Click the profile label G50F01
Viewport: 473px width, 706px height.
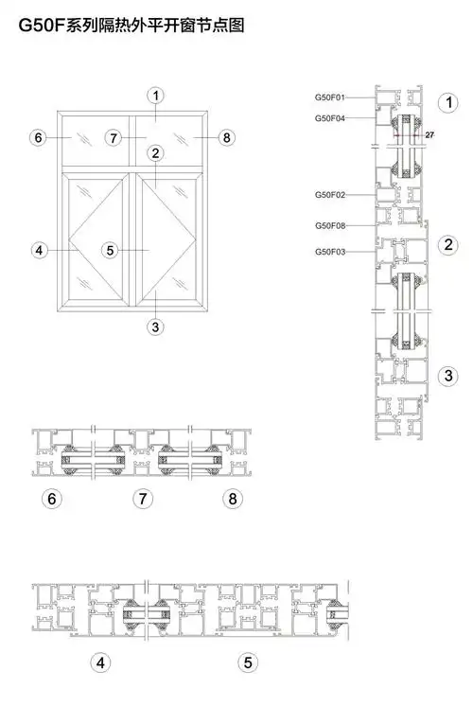[x=330, y=97]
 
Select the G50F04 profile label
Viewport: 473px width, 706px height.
[x=330, y=118]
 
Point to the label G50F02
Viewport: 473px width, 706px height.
[x=330, y=195]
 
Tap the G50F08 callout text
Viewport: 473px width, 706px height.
[x=330, y=225]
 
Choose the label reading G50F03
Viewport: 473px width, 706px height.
[x=330, y=252]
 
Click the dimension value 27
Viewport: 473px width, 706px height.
[x=429, y=134]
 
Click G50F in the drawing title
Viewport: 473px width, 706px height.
[x=42, y=26]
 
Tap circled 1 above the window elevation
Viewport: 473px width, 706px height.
[x=156, y=96]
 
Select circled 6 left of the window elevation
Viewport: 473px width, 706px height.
[x=38, y=137]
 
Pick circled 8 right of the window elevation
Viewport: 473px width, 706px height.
[x=226, y=137]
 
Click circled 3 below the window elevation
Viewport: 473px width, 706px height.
[x=155, y=327]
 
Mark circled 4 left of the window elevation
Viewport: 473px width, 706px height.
[x=39, y=250]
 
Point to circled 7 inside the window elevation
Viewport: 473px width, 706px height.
[x=114, y=137]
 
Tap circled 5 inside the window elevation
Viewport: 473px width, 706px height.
[x=111, y=250]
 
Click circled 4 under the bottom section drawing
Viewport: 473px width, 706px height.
[x=100, y=662]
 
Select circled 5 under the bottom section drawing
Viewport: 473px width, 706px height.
[x=248, y=662]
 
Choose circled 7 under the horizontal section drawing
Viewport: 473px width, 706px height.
[x=143, y=499]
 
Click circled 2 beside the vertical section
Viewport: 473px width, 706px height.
[x=448, y=244]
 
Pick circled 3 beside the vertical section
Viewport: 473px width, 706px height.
[x=448, y=376]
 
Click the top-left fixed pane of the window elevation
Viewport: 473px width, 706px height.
[x=96, y=141]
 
